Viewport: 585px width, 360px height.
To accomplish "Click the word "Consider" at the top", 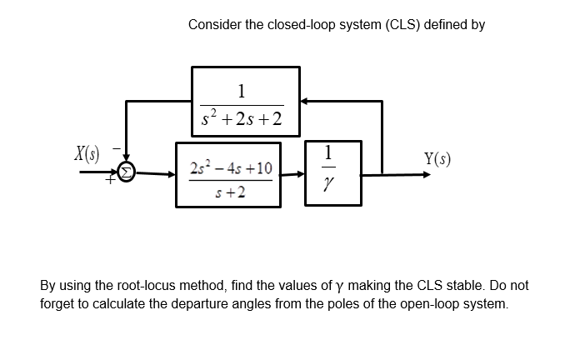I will [214, 25].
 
